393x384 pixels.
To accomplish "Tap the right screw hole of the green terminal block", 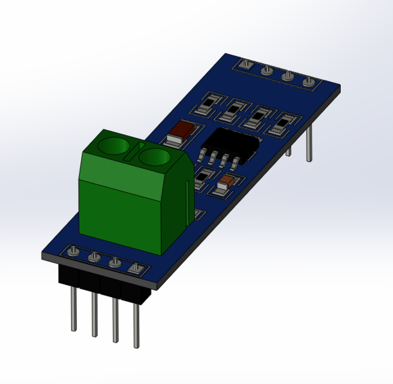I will tap(154, 157).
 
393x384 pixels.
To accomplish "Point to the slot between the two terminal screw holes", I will tap(134, 152).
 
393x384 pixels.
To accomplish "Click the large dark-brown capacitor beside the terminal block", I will tap(182, 130).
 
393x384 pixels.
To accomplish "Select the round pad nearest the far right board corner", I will tap(308, 82).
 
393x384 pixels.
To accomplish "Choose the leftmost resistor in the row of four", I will tap(206, 104).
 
